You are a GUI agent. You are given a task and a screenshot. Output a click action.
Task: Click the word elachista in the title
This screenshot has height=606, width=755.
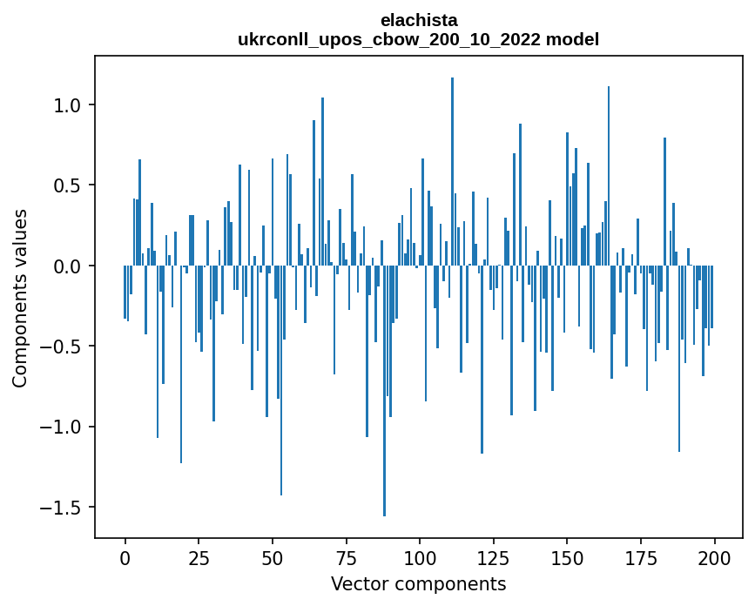pyautogui.click(x=418, y=20)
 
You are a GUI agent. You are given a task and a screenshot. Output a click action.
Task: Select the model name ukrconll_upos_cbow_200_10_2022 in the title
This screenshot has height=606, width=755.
pyautogui.click(x=418, y=39)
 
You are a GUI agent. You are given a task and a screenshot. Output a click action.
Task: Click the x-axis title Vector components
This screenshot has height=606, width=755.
pyautogui.click(x=418, y=583)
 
